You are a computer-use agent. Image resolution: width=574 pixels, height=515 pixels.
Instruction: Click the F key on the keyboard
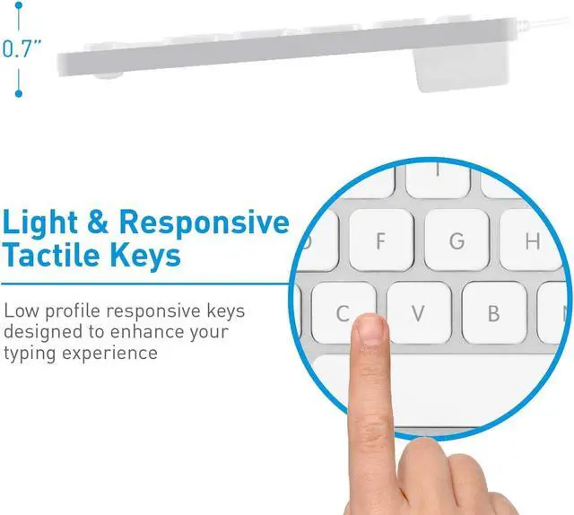pyautogui.click(x=380, y=240)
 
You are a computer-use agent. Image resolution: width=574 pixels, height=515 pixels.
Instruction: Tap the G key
pyautogui.click(x=457, y=240)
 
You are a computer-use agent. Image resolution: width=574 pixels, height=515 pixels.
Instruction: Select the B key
pyautogui.click(x=492, y=313)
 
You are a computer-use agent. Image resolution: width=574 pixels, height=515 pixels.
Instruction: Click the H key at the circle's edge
pyautogui.click(x=533, y=240)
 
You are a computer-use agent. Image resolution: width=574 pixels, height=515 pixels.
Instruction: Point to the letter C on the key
pyautogui.click(x=342, y=313)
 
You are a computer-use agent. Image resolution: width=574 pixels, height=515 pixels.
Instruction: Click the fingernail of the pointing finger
pyautogui.click(x=368, y=330)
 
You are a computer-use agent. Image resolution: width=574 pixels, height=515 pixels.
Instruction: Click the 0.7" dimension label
pyautogui.click(x=22, y=49)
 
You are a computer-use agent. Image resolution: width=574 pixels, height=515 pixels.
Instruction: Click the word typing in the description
pyautogui.click(x=29, y=353)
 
